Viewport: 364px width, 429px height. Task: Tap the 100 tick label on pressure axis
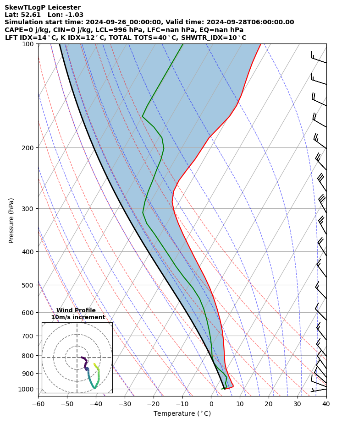point(28,44)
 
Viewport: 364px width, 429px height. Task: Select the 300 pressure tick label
point(28,209)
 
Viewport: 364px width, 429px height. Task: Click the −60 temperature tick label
point(38,404)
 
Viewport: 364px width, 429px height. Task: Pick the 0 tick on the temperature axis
point(211,404)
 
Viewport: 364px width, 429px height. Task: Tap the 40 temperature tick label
point(326,404)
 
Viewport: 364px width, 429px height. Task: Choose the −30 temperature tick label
point(124,404)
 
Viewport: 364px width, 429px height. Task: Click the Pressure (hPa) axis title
point(11,220)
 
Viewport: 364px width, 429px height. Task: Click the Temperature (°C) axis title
point(182,414)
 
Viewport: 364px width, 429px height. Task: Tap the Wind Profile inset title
point(76,310)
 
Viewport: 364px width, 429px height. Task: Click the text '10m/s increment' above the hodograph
point(78,317)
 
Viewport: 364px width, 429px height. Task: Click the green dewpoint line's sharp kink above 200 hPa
point(143,116)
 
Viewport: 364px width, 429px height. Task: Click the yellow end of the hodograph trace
point(94,364)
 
